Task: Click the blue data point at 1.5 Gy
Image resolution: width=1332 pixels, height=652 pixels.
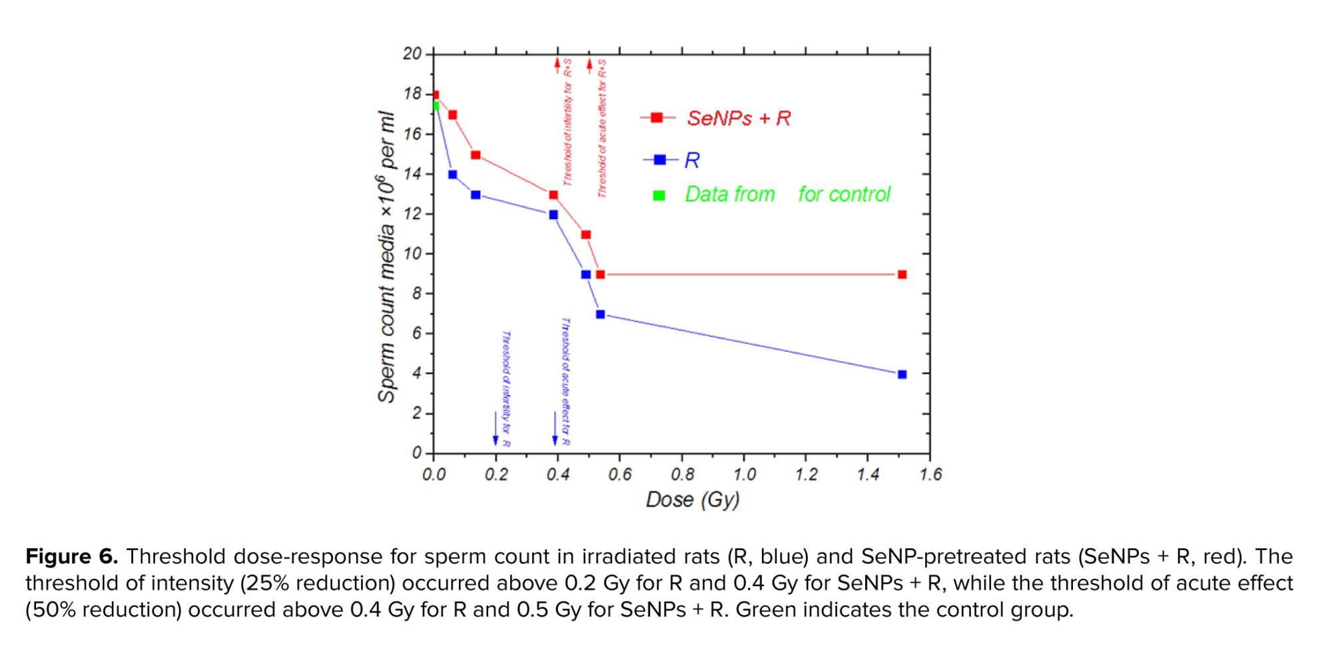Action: point(902,374)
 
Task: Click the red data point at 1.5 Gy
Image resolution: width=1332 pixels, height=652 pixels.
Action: point(902,274)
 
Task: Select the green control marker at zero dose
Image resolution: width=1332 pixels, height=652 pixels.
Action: point(435,106)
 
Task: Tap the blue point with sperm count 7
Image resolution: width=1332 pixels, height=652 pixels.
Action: point(600,314)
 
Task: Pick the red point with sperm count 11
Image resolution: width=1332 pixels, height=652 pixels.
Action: point(586,234)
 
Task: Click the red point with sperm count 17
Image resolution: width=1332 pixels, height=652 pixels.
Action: point(453,115)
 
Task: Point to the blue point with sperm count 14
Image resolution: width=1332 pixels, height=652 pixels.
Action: point(453,174)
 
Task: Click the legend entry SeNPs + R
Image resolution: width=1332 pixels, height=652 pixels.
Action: point(738,119)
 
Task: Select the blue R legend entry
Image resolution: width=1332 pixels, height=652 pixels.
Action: point(691,161)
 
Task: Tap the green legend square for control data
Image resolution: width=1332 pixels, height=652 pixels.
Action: point(659,195)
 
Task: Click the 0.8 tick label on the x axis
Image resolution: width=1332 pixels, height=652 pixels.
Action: point(682,474)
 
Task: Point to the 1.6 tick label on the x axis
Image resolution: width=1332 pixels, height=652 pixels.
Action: point(930,474)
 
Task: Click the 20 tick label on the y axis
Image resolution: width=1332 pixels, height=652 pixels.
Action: point(412,53)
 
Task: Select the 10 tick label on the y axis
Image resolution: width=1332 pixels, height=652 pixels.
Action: point(412,254)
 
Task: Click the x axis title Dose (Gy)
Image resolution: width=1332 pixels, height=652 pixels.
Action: point(693,499)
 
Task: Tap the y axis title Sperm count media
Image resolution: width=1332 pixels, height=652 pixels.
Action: point(386,256)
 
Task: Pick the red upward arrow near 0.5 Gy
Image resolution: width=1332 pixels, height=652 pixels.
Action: point(589,65)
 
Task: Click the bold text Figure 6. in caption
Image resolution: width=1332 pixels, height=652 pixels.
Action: point(71,556)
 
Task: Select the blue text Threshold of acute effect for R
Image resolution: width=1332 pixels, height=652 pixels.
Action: point(565,381)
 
